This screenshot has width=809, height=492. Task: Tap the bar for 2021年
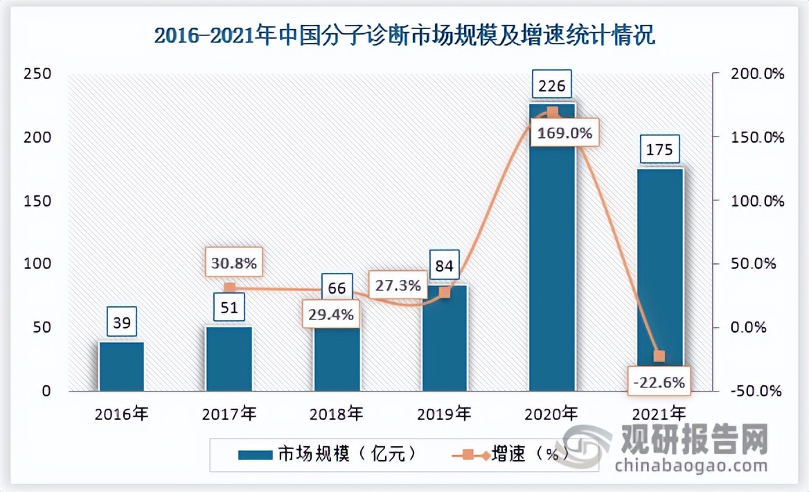(659, 277)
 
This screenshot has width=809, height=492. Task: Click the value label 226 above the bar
(552, 86)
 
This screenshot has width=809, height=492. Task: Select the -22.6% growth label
(659, 382)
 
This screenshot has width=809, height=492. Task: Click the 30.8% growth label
(233, 263)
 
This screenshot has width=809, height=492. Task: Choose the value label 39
(122, 322)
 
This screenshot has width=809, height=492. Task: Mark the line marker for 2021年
(659, 356)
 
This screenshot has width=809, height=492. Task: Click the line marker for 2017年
(230, 288)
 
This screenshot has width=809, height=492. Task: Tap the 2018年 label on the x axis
(337, 415)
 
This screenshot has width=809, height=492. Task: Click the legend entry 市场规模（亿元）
(326, 455)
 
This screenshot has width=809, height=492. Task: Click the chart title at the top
(404, 35)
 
